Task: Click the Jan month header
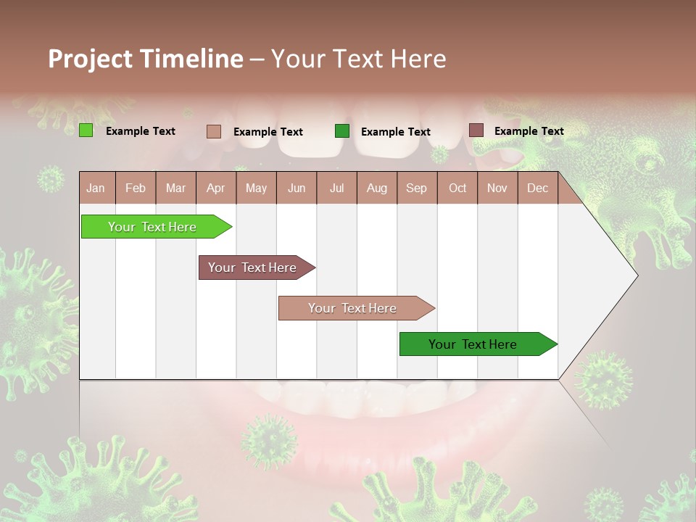point(96,188)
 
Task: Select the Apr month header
point(216,188)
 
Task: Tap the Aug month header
point(377,188)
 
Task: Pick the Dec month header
point(537,188)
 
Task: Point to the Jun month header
point(297,188)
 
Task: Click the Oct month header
point(457,188)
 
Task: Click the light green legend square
point(86,130)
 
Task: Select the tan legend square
point(214,131)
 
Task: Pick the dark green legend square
point(342,131)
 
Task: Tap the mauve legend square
point(476,130)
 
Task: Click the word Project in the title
point(90,59)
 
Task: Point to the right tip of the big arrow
point(637,275)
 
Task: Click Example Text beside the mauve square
point(529,131)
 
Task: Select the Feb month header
point(136,188)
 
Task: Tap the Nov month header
point(497,188)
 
